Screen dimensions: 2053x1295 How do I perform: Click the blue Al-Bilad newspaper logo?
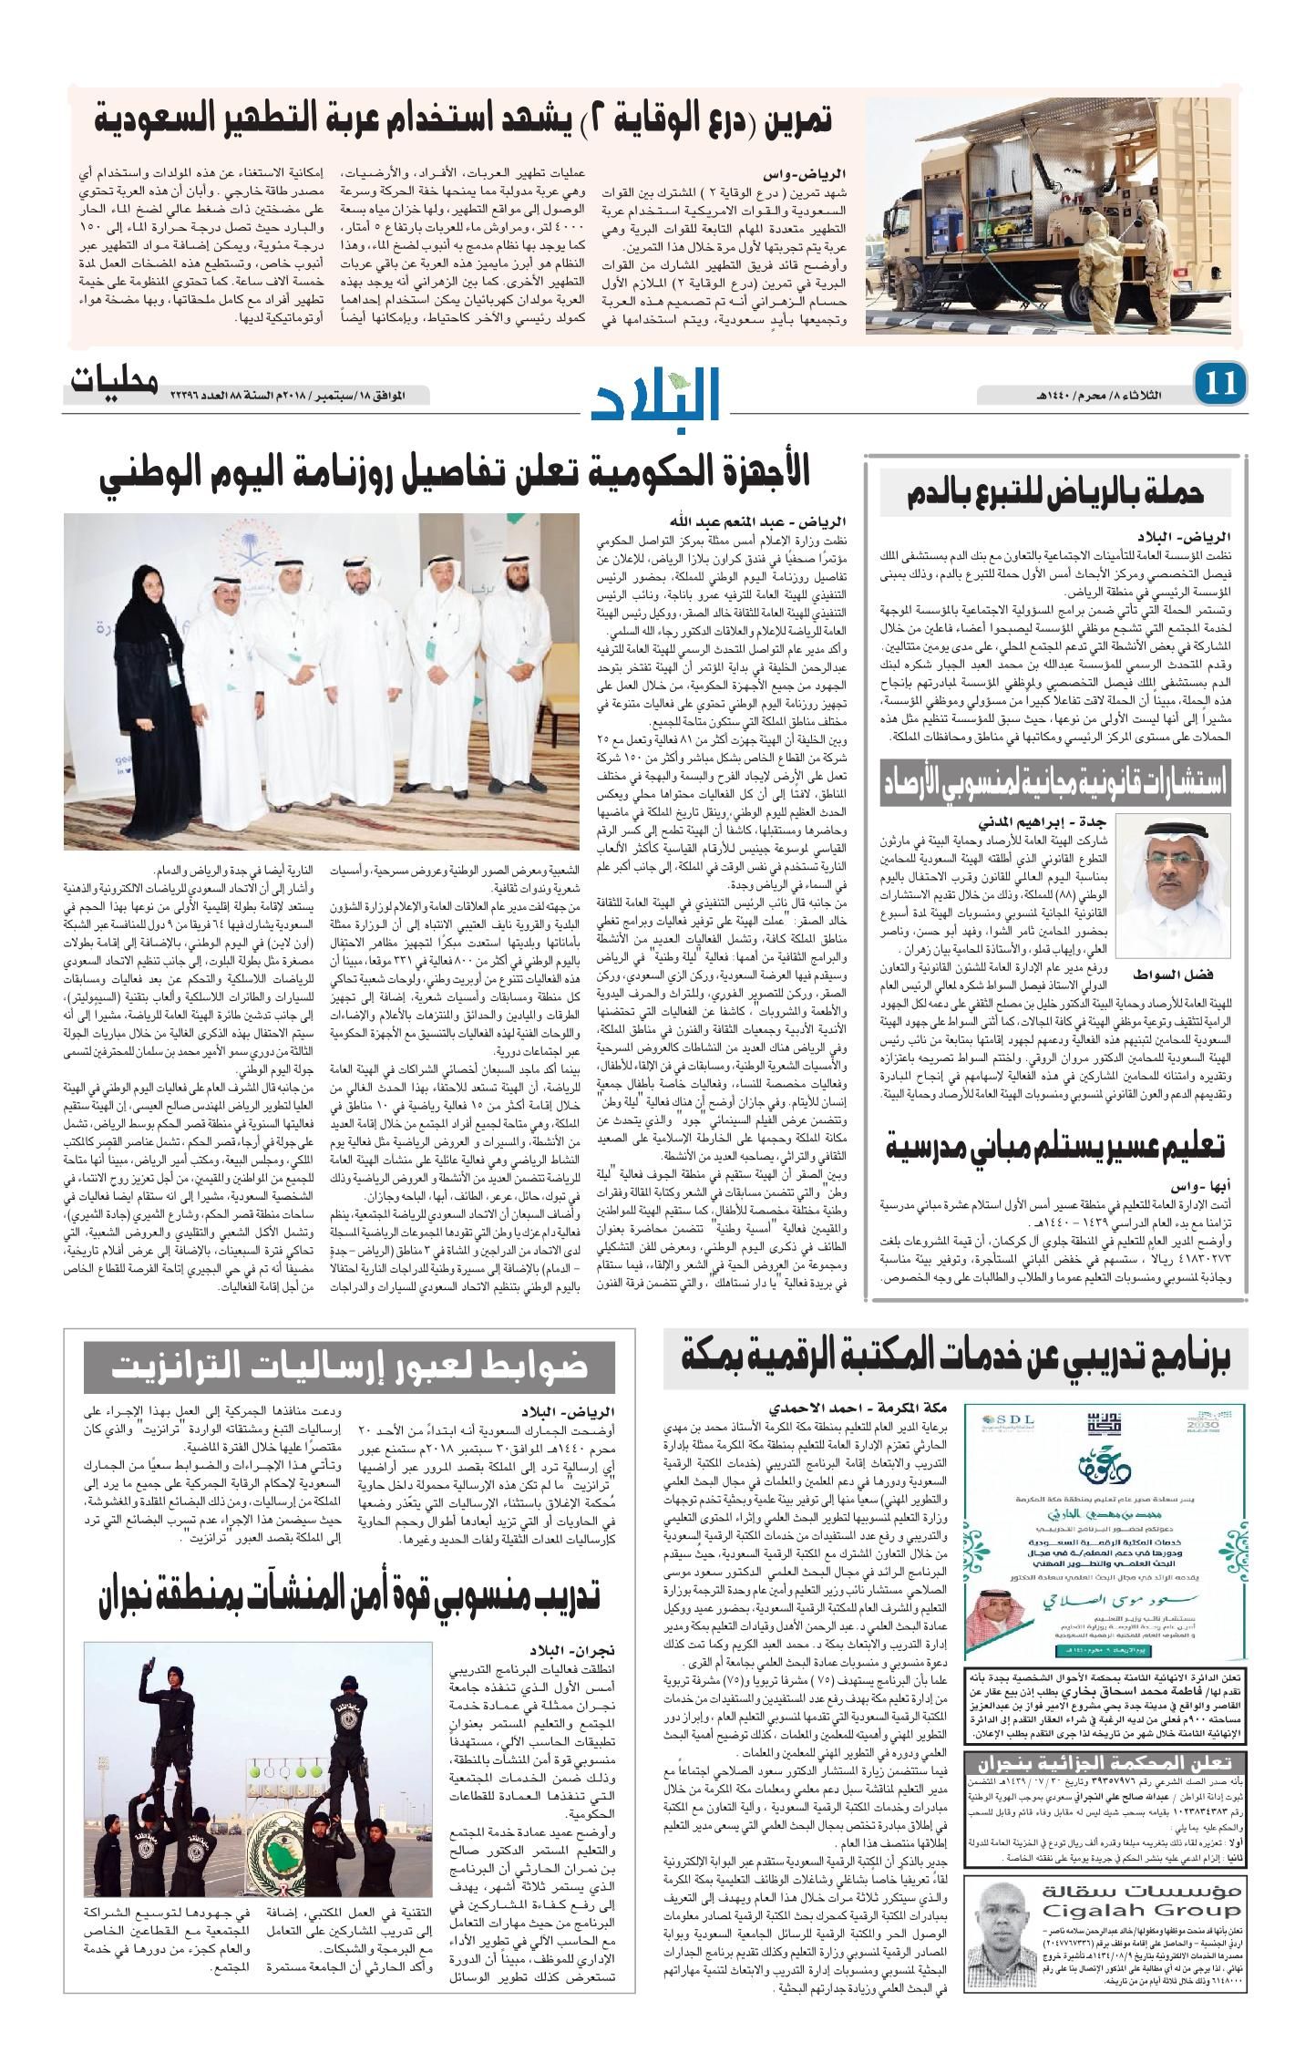[x=658, y=395]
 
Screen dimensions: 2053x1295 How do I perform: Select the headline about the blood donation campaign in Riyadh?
[x=1055, y=494]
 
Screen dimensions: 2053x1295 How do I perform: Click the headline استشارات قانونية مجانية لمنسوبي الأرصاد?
[x=1055, y=781]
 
